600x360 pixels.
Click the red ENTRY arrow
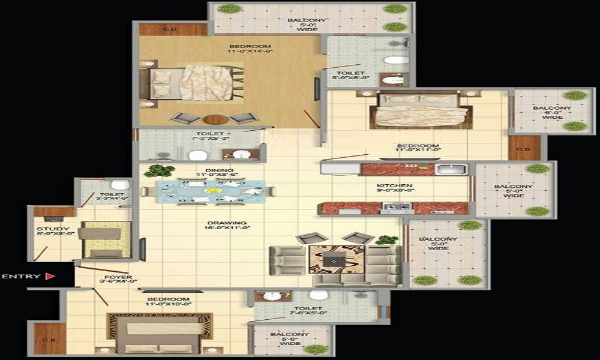50,277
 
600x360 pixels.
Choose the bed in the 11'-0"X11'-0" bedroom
420,109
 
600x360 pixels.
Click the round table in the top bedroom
215,119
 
